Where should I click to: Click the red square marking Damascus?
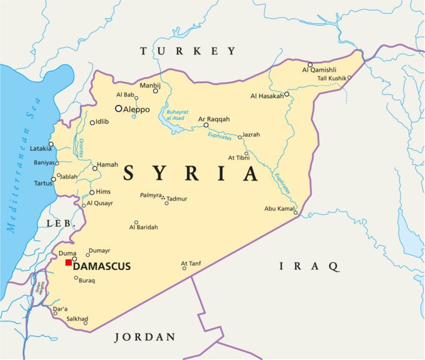click(x=69, y=263)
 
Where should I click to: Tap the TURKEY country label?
click(x=188, y=51)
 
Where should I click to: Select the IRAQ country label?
click(x=309, y=267)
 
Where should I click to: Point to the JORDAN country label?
click(x=145, y=337)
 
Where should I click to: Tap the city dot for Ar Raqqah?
click(x=206, y=125)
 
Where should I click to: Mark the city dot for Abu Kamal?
click(x=296, y=213)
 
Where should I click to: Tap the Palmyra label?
click(x=150, y=196)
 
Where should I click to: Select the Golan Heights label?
click(x=41, y=287)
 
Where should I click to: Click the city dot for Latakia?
click(x=52, y=144)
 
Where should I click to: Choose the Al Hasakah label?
click(x=266, y=96)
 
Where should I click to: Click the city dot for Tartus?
click(x=54, y=179)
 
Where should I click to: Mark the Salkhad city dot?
click(x=86, y=323)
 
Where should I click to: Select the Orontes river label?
click(x=81, y=149)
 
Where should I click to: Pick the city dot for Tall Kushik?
click(x=349, y=78)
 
